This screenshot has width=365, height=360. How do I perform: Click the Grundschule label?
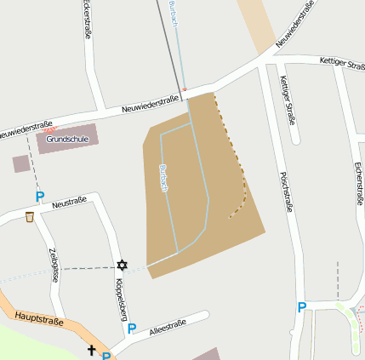pos(67,139)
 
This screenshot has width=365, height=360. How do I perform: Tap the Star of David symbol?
pos(123,266)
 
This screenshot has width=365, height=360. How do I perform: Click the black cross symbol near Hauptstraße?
pos(92,350)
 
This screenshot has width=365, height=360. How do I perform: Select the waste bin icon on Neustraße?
pos(31,218)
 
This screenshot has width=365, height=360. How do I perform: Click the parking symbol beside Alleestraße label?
pos(131,329)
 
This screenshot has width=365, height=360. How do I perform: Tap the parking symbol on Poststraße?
pos(302,307)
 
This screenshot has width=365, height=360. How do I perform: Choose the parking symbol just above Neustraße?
pos(39,197)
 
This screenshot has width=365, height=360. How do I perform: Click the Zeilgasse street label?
pos(53,264)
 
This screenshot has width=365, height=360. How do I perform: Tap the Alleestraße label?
pos(167,329)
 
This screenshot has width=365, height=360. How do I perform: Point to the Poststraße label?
pos(285,191)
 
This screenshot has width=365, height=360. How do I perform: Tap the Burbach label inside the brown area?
pos(163,177)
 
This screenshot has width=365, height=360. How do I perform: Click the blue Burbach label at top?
pos(174,12)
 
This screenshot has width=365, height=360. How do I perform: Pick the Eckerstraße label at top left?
pos(87,19)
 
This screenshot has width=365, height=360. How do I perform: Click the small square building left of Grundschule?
pos(21,164)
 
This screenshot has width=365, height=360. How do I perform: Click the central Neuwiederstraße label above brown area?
pos(150,103)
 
